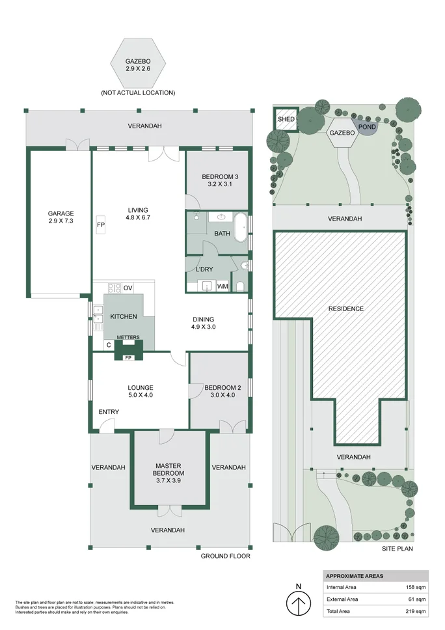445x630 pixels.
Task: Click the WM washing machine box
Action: (222, 286)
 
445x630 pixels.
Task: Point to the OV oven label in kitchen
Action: (128, 288)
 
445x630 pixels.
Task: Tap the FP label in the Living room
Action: (101, 225)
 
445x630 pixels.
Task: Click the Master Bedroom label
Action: (169, 469)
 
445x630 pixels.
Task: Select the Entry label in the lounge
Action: (109, 412)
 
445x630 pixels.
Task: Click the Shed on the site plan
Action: (286, 120)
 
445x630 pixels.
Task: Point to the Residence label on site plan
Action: (345, 308)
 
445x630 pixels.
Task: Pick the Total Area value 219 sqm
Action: (416, 611)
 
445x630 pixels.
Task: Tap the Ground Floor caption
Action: (225, 556)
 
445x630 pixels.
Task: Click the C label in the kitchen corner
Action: (107, 344)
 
